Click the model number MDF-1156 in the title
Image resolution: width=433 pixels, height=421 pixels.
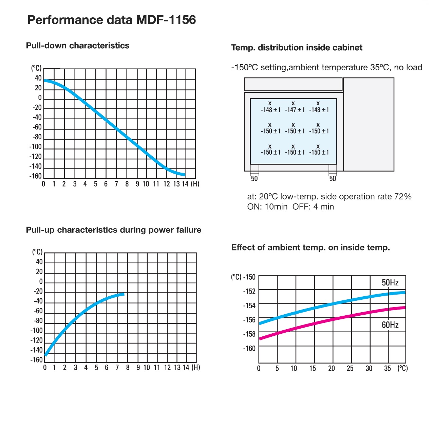click(x=166, y=20)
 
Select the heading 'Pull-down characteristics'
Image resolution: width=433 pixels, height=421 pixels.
click(x=78, y=46)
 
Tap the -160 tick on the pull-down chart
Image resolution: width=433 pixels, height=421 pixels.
click(x=36, y=176)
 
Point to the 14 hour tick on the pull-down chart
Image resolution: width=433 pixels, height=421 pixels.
click(x=185, y=184)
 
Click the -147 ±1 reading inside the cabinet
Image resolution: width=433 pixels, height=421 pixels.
click(x=295, y=110)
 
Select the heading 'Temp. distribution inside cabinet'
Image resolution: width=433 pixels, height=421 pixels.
click(x=297, y=48)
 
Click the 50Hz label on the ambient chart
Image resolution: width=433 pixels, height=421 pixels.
click(x=390, y=283)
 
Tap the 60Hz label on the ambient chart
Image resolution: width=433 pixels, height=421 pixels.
click(x=390, y=325)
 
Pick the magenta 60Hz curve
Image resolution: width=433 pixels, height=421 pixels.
click(x=333, y=319)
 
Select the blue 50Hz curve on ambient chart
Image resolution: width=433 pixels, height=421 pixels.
click(x=333, y=303)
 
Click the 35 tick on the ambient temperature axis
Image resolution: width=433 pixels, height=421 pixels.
click(x=388, y=368)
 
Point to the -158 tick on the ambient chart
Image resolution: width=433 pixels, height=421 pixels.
click(x=249, y=334)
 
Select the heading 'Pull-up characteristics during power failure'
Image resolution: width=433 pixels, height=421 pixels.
click(x=114, y=230)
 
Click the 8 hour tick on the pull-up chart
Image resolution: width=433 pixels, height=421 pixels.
click(x=128, y=367)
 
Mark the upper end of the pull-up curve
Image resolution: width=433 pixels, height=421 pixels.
click(x=123, y=294)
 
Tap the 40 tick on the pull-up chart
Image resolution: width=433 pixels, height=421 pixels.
click(x=39, y=262)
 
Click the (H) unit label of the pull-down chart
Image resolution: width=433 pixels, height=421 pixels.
click(x=195, y=184)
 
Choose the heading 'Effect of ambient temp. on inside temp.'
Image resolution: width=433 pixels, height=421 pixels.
click(x=310, y=247)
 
